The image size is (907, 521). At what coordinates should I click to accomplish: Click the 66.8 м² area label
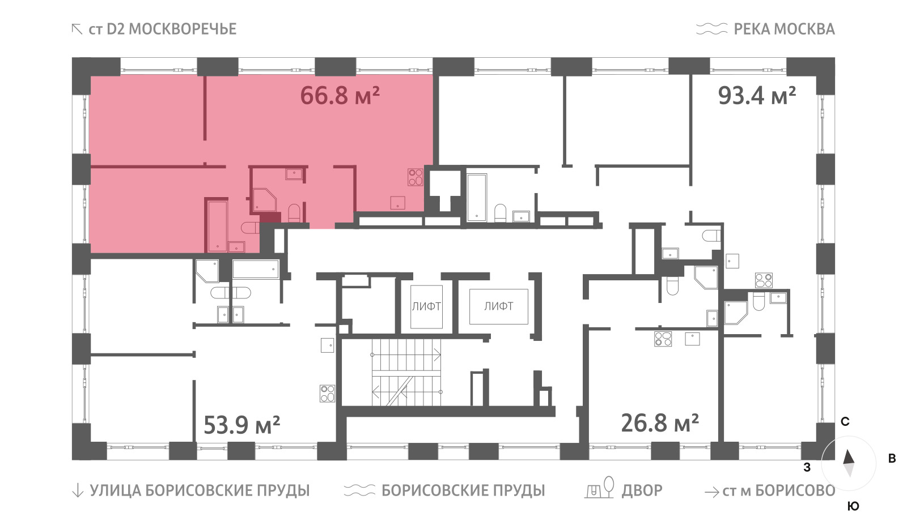point(340,96)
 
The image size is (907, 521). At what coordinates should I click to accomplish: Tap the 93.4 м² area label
point(757,96)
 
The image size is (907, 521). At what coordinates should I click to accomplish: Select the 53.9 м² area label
point(241,425)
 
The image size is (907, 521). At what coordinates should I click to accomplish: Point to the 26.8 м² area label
point(660,423)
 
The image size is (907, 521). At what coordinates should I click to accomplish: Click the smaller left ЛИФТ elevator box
point(426,306)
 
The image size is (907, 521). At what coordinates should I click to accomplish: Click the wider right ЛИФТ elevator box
point(498,306)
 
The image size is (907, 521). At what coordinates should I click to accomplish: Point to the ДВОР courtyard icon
point(599,488)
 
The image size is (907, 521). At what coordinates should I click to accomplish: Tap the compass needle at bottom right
point(849,464)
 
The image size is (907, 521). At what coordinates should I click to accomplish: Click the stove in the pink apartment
point(415,177)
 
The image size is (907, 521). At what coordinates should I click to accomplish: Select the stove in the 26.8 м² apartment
point(663,339)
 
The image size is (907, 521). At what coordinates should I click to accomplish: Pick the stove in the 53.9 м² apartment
point(327,393)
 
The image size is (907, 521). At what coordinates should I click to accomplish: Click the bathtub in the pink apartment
point(218,226)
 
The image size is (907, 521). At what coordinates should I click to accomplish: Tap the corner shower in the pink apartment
point(264,200)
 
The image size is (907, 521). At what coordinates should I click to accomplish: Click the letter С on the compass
point(845,422)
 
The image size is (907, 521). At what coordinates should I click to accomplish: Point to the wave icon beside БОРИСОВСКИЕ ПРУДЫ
point(359,490)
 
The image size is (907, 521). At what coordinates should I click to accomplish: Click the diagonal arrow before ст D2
point(77,29)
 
